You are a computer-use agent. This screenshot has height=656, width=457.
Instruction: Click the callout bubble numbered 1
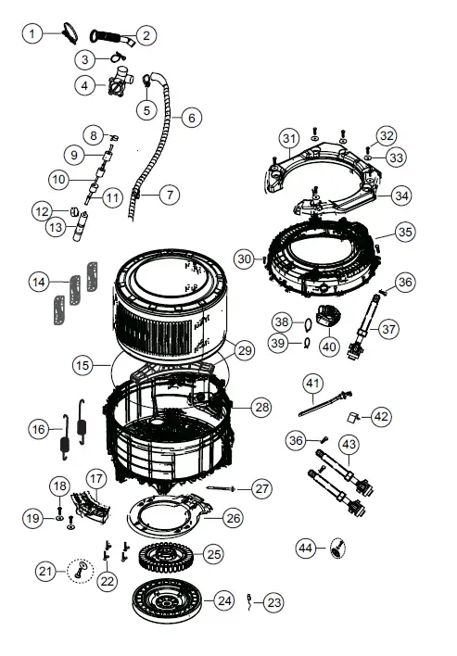(x=32, y=34)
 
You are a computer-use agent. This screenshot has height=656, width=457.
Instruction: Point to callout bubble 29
(x=244, y=350)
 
